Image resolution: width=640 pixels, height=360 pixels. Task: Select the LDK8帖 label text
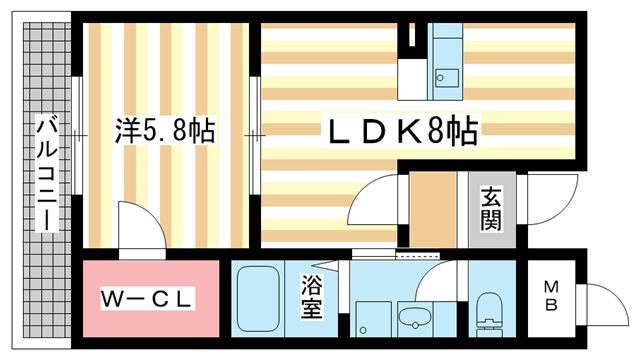(396, 131)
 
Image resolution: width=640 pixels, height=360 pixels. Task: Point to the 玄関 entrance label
(490, 210)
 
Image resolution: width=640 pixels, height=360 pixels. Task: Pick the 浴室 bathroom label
(311, 298)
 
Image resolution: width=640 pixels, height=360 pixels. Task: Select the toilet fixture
(489, 315)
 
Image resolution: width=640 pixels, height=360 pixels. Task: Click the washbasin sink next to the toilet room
(413, 320)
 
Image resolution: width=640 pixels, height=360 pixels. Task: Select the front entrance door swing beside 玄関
(549, 195)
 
